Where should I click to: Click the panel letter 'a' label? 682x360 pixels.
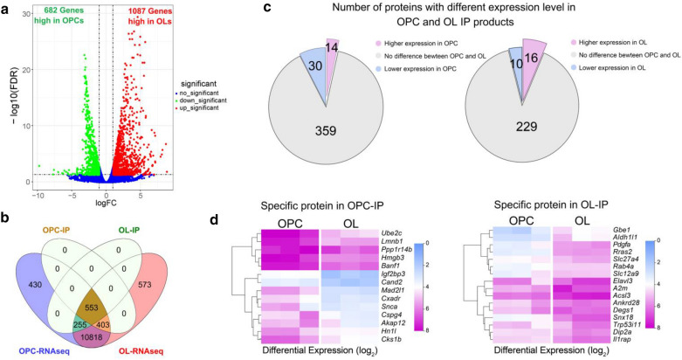pos(7,8)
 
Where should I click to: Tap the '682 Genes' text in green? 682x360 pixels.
pos(56,11)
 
